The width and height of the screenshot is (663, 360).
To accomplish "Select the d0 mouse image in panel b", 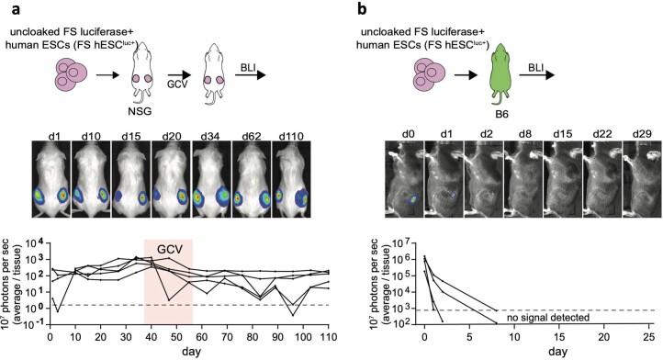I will click(x=408, y=186).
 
